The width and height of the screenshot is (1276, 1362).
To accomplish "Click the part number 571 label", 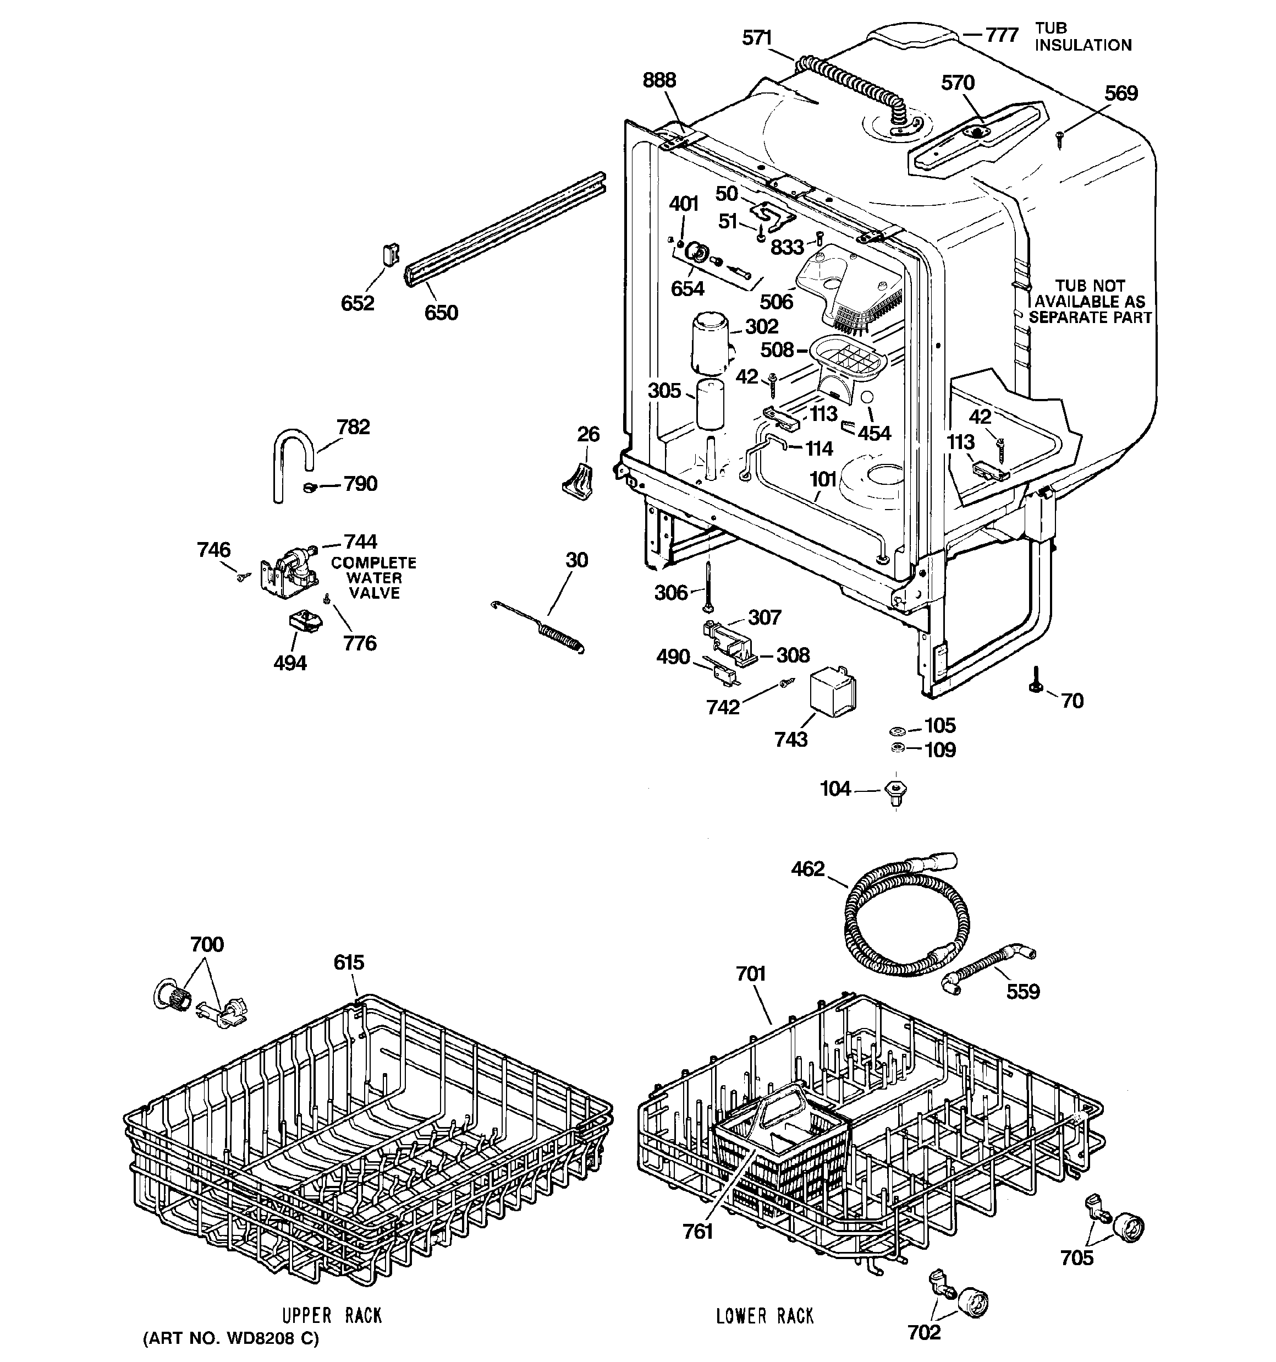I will [x=757, y=39].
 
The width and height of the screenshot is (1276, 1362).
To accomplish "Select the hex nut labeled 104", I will [x=895, y=791].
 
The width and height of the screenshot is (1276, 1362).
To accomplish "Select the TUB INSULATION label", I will [x=1082, y=37].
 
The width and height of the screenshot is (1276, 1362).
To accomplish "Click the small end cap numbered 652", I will [x=389, y=255].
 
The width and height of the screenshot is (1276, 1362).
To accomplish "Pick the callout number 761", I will [x=697, y=1231].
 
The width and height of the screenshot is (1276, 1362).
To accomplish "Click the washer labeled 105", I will [x=897, y=730].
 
